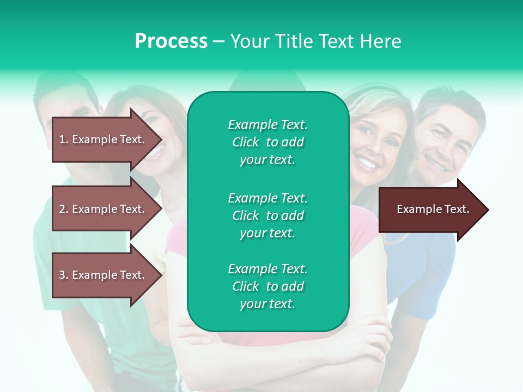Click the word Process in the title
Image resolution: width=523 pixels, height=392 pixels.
point(171,41)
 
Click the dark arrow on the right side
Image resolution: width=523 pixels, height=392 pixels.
point(430,210)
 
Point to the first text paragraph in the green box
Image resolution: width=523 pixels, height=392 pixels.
point(267,142)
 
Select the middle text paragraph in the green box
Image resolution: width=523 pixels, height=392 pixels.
point(267,216)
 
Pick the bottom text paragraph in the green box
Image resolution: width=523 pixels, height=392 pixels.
point(267,286)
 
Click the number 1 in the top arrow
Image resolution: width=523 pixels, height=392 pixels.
point(62,139)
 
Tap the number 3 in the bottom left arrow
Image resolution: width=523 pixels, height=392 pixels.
point(62,275)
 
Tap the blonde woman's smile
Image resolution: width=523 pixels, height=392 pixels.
point(366,162)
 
